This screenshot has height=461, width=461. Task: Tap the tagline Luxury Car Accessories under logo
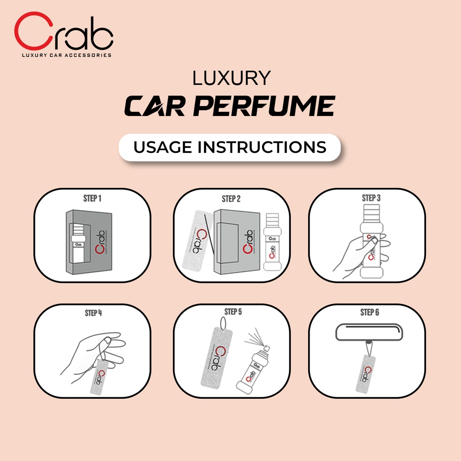[66, 55]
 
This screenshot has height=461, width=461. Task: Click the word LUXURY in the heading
[231, 78]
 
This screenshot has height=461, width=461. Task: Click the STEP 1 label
[92, 199]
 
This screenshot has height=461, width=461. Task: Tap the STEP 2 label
[231, 199]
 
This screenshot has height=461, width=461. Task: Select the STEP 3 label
[371, 198]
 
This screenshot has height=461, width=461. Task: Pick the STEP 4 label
[93, 313]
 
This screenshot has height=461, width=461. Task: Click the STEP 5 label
[233, 312]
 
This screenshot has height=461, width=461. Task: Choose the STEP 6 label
[369, 313]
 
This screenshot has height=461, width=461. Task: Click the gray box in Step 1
[89, 242]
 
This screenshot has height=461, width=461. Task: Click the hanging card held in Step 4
[98, 376]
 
